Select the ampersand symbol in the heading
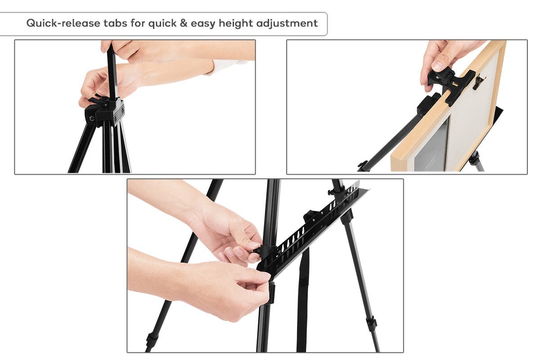[183, 23]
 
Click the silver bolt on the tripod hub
[92, 119]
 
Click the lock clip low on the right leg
[371, 323]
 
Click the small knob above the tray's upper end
[331, 192]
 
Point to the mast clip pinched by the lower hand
[271, 292]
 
